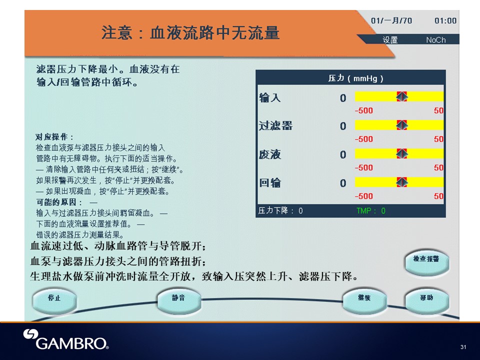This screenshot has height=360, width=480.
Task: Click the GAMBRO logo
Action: pyautogui.click(x=66, y=339)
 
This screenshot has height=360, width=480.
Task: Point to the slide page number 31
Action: pyautogui.click(x=463, y=347)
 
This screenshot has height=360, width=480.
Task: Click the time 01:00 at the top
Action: pyautogui.click(x=445, y=21)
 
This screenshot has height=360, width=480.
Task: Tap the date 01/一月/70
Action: pyautogui.click(x=391, y=21)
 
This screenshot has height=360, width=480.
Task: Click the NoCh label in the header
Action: pyautogui.click(x=436, y=40)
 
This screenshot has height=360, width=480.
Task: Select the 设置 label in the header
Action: pyautogui.click(x=390, y=40)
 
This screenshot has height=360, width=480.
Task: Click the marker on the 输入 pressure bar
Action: pyautogui.click(x=401, y=96)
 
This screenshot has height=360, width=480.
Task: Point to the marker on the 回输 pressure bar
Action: pyautogui.click(x=401, y=182)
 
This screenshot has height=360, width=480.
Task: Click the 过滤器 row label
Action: pyautogui.click(x=275, y=125)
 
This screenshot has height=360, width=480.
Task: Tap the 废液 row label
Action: pyautogui.click(x=269, y=154)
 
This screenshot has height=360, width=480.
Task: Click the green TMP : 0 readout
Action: pyautogui.click(x=370, y=210)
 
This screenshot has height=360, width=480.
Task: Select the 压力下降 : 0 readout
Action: pyautogui.click(x=280, y=210)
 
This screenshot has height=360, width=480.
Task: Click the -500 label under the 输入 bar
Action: pyautogui.click(x=363, y=110)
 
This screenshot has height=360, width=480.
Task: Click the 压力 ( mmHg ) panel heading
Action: pyautogui.click(x=355, y=78)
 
